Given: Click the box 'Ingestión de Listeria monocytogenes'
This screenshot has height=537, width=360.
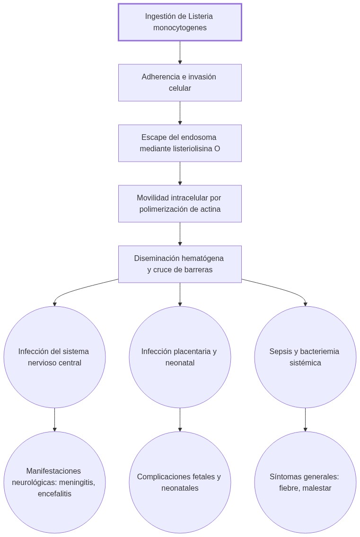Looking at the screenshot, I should [180, 22].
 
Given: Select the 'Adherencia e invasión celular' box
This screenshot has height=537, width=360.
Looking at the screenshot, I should [180, 83].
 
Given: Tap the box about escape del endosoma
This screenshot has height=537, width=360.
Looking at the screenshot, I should [180, 143].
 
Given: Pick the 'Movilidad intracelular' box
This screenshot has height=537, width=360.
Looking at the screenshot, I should [180, 204].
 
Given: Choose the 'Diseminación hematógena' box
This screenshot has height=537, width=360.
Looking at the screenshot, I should [180, 264].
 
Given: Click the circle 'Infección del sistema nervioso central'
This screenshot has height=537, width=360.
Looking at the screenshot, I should [54, 357].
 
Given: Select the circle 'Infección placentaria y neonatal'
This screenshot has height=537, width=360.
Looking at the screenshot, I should [180, 357].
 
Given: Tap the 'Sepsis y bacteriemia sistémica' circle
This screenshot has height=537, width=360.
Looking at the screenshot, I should [305, 357].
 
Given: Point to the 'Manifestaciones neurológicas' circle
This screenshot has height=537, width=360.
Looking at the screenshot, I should [54, 482].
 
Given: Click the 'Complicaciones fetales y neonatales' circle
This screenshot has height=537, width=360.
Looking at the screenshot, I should [180, 482].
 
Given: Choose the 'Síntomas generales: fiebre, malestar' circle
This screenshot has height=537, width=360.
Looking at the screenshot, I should [305, 482].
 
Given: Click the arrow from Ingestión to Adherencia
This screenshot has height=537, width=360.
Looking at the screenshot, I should [180, 52].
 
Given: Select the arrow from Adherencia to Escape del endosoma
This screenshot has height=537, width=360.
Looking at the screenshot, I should [180, 113].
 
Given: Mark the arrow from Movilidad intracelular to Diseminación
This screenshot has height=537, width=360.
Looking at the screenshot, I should [180, 234].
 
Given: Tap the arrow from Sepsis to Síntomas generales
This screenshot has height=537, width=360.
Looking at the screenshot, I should [305, 419].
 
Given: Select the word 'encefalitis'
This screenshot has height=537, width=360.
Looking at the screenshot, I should [54, 494].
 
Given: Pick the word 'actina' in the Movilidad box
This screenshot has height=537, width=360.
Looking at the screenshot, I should [210, 209].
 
